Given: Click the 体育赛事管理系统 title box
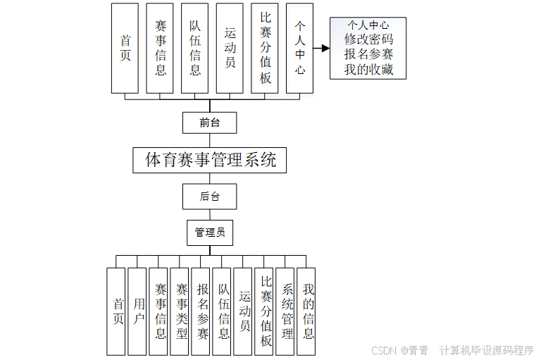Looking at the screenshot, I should point(210,160).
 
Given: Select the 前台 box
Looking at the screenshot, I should point(209,123).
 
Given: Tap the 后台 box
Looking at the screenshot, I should point(209,197).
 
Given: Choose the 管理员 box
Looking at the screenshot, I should point(209,232).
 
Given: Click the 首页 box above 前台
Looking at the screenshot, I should point(125,48).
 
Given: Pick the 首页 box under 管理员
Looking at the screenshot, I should point(116,311).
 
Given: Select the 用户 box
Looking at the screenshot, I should point(137,311).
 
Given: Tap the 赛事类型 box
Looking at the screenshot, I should point(180,311).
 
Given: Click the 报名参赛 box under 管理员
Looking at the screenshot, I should point(201,311).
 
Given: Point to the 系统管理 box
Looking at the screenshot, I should point(286,311).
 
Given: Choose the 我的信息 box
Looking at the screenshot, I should point(307,311).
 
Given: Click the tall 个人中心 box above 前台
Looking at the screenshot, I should point(299,48).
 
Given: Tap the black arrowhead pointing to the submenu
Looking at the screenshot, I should point(325,48).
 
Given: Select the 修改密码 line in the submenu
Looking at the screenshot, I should point(368,39).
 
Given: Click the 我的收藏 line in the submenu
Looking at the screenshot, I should point(368,69).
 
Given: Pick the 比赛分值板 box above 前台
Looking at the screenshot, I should point(265,48).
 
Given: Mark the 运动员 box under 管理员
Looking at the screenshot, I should point(244,311).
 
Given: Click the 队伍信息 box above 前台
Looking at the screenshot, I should point(194,48).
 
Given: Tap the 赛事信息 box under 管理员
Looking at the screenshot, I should point(159,311).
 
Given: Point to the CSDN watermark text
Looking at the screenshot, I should point(385,350).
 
